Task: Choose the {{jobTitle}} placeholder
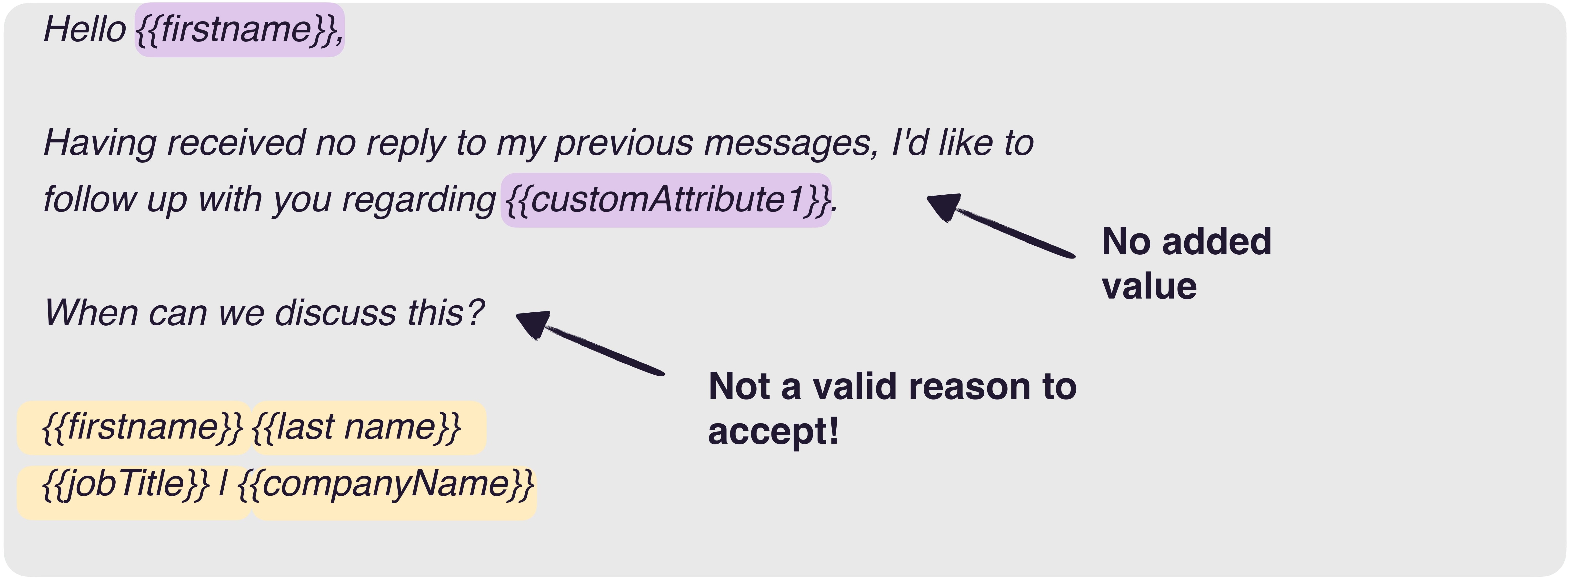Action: pos(134,492)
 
